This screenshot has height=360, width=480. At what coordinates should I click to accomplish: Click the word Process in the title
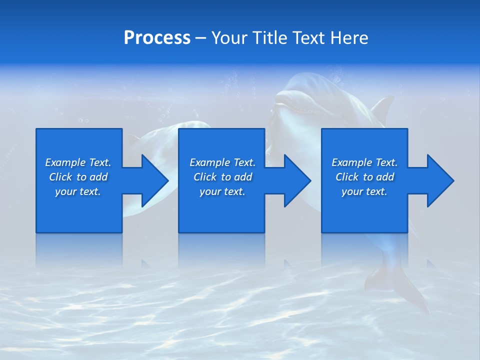pyautogui.click(x=157, y=38)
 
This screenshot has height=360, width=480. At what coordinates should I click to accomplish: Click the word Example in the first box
pyautogui.click(x=65, y=162)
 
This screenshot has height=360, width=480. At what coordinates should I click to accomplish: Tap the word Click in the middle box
pyautogui.click(x=204, y=177)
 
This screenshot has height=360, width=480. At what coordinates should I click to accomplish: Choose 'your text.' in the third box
pyautogui.click(x=364, y=191)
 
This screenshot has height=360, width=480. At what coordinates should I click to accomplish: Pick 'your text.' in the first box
pyautogui.click(x=78, y=191)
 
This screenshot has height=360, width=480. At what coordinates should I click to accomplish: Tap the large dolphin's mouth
pyautogui.click(x=295, y=106)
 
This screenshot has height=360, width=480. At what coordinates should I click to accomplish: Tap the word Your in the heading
pyautogui.click(x=229, y=38)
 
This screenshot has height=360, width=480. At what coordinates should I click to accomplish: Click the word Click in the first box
pyautogui.click(x=60, y=177)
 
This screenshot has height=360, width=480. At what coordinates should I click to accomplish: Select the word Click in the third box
pyautogui.click(x=346, y=177)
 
